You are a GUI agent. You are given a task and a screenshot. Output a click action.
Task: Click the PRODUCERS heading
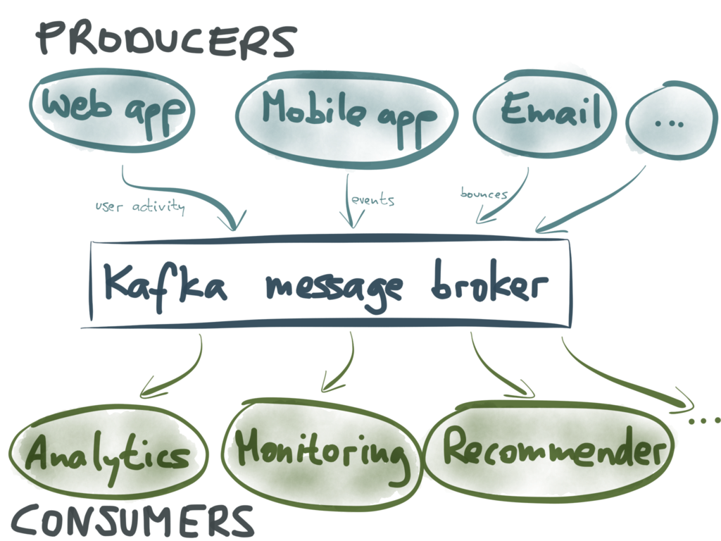166,41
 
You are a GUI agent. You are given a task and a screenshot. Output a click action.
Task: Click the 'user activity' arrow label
140,206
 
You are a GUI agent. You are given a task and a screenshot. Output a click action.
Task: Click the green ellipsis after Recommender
705,421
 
